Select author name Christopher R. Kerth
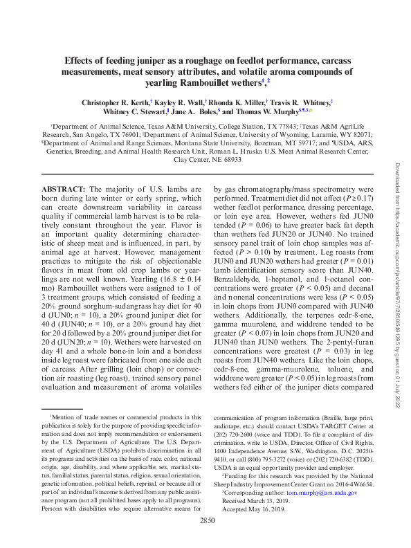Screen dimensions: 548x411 pyautogui.click(x=112, y=102)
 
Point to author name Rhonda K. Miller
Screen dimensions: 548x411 pyautogui.click(x=228, y=102)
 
